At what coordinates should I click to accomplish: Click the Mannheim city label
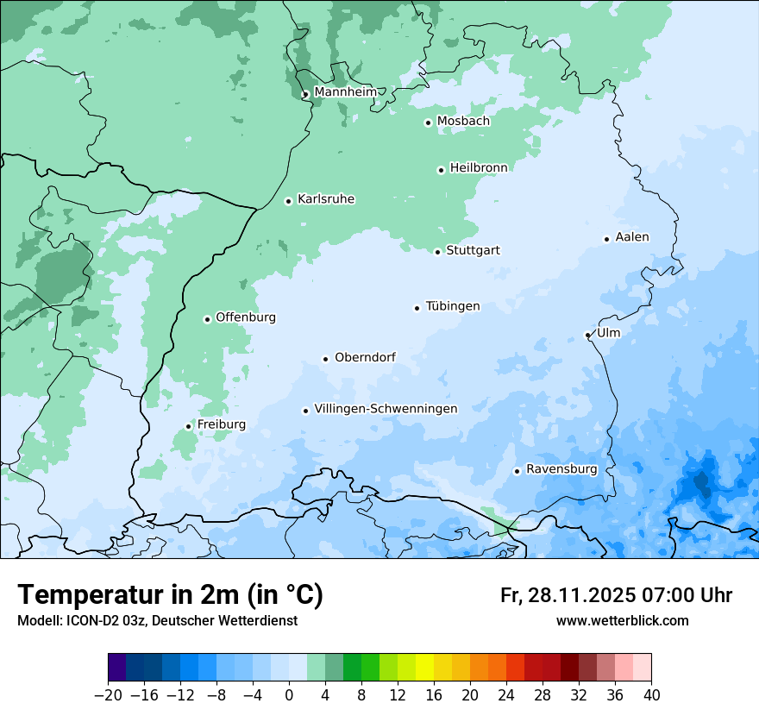coord(345,92)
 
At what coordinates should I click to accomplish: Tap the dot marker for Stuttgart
coord(437,252)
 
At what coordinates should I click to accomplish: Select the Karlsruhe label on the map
coord(326,199)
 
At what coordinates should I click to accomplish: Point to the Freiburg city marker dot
coord(188,426)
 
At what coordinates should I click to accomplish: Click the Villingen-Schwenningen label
coord(386,409)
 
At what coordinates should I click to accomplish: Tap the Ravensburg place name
coord(561,469)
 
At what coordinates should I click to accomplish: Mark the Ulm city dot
coord(587,335)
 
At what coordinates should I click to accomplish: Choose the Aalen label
coord(632,237)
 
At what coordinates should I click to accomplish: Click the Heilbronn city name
coord(479,168)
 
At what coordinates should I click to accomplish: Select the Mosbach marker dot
coord(428,122)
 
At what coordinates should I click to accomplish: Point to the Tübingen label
coord(453,306)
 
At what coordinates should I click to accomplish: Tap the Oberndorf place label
coord(365,357)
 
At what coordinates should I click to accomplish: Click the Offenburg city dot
coord(207,319)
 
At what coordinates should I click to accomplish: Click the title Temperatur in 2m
coord(170,595)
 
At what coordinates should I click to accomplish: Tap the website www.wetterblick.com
coord(622,620)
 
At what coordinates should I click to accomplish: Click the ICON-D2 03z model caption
coord(157,620)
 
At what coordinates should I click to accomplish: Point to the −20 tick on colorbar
coord(108,695)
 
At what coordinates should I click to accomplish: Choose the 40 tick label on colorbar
coord(651,695)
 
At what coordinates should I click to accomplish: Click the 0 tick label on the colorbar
coord(289,695)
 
